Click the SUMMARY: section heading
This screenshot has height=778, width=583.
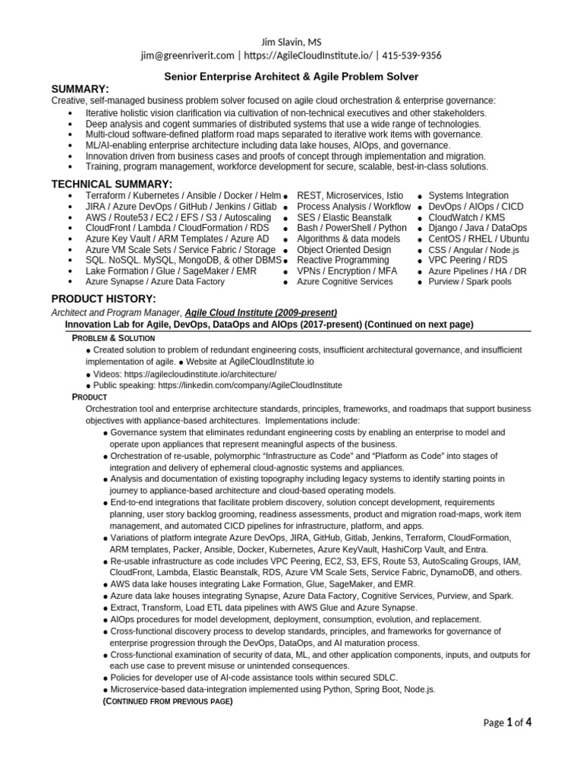pyautogui.click(x=80, y=89)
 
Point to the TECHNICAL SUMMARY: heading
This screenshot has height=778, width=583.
pyautogui.click(x=112, y=184)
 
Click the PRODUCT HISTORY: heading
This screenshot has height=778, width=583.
pyautogui.click(x=103, y=298)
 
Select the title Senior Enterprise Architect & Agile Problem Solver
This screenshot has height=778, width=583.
pyautogui.click(x=291, y=77)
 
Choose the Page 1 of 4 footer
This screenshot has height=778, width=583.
pyautogui.click(x=507, y=723)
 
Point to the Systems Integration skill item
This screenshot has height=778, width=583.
pyautogui.click(x=468, y=196)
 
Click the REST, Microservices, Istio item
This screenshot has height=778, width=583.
pyautogui.click(x=350, y=196)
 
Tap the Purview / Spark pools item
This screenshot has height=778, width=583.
pyautogui.click(x=470, y=281)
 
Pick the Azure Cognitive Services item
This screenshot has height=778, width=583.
pyautogui.click(x=345, y=281)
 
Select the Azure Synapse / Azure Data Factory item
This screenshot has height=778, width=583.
pyautogui.click(x=155, y=281)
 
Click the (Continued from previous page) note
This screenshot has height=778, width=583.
pyautogui.click(x=166, y=701)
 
